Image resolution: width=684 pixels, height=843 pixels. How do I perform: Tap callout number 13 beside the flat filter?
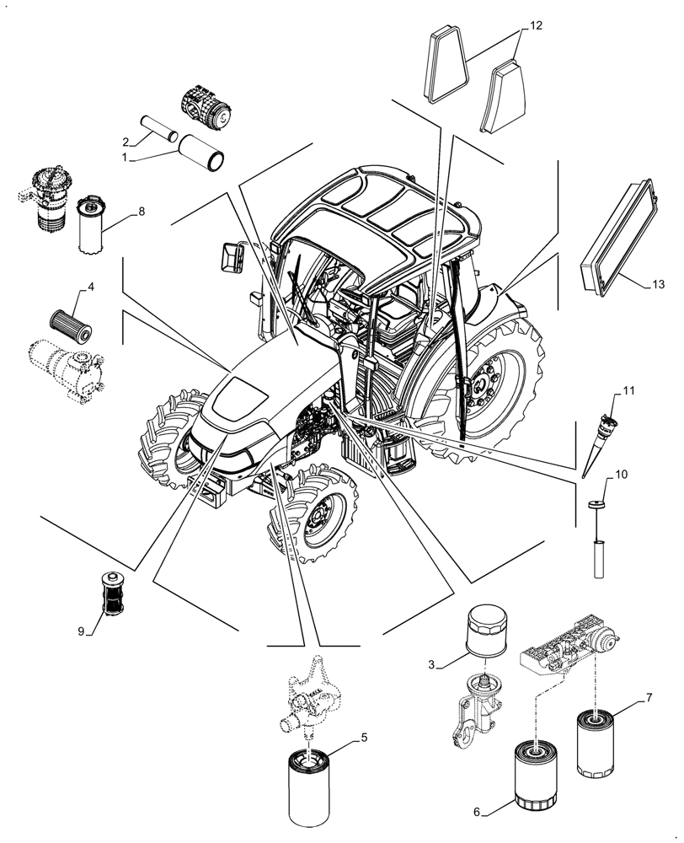657,285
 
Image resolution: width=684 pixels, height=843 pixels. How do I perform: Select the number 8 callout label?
142,211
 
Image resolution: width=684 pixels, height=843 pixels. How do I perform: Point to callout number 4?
90,287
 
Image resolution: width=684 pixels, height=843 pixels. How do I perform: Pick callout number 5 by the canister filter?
364,738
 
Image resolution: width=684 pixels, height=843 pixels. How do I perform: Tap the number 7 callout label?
649,696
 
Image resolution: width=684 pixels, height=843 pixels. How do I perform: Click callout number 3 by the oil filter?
430,664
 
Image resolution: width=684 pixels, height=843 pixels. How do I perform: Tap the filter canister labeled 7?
596,744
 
